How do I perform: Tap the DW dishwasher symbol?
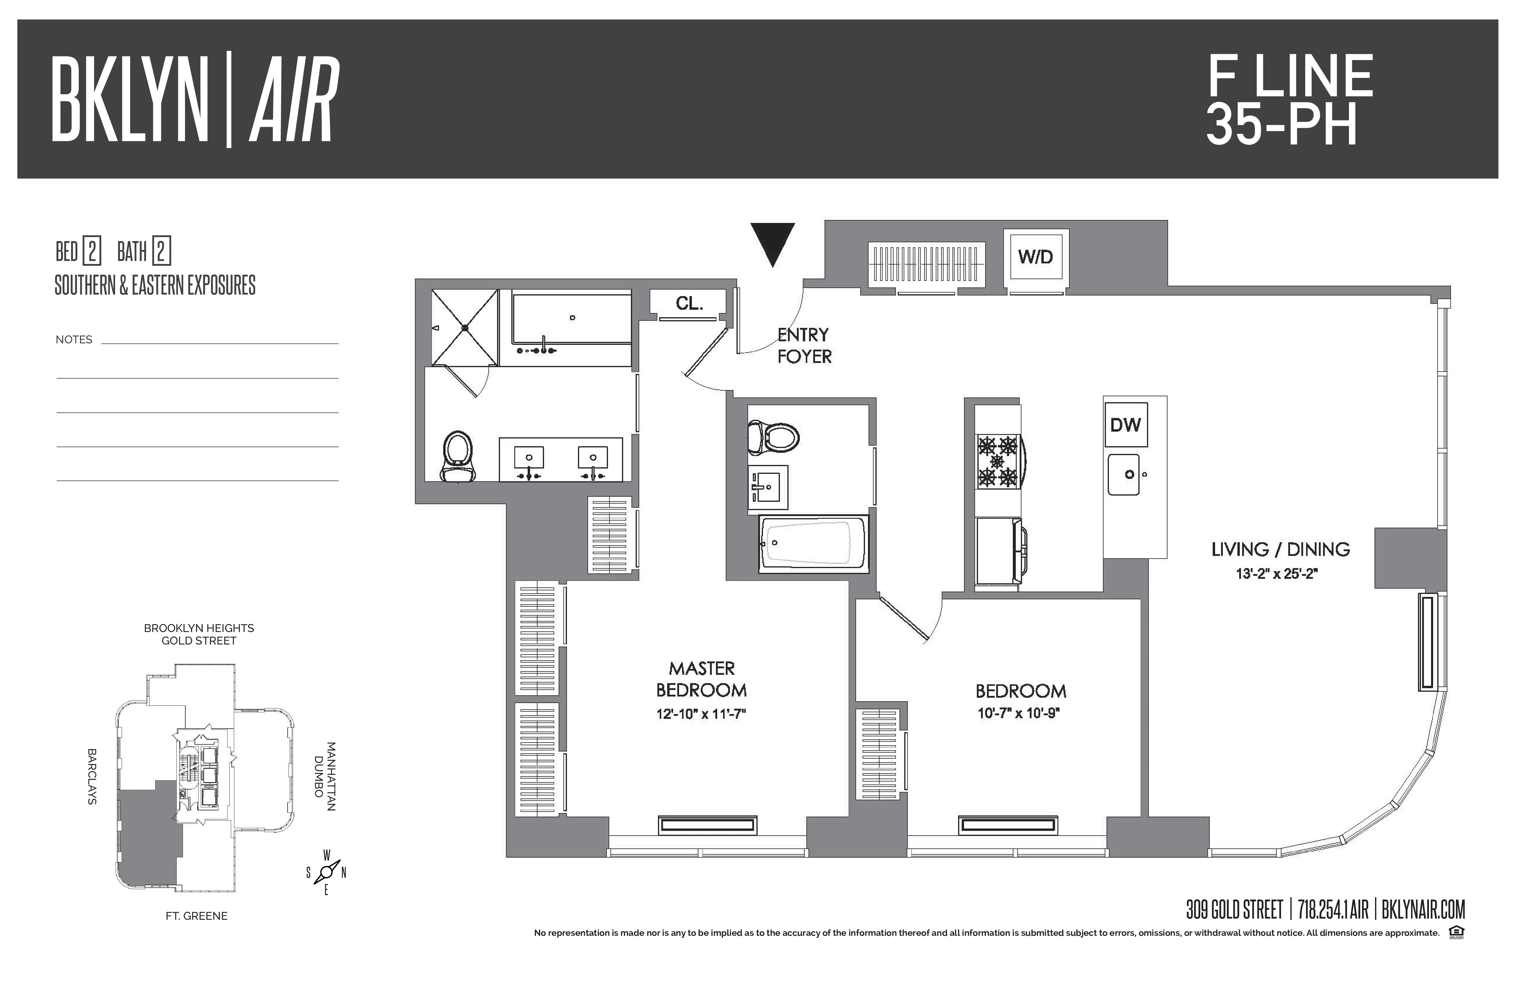(x=1126, y=425)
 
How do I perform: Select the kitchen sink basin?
(x=1125, y=474)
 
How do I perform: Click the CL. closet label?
(x=689, y=304)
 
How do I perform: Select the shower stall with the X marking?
(x=465, y=327)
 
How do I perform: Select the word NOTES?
(x=74, y=339)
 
